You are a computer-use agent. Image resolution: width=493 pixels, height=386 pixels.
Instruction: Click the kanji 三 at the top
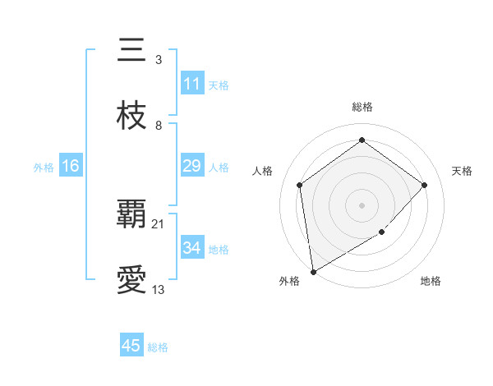(131, 51)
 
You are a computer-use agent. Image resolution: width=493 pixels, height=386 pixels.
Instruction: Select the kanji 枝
(131, 117)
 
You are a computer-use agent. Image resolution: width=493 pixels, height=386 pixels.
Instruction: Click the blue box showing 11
(192, 84)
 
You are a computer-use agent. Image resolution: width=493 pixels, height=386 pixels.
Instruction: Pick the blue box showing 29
(192, 166)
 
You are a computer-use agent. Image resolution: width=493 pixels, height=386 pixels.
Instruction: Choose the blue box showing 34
(192, 248)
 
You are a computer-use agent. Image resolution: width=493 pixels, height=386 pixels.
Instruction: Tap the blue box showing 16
(71, 166)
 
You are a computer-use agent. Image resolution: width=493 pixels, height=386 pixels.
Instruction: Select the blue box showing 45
(131, 346)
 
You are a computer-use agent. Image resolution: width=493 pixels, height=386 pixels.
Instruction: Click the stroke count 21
(159, 223)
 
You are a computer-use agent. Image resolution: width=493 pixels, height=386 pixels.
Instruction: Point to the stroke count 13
(159, 289)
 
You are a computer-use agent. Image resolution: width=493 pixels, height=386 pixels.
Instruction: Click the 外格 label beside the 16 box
(44, 168)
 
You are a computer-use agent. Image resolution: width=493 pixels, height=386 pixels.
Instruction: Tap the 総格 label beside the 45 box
(158, 347)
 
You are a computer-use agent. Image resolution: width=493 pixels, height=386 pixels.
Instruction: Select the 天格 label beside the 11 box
(219, 85)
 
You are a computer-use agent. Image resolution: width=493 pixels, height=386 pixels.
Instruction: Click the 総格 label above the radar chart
(362, 107)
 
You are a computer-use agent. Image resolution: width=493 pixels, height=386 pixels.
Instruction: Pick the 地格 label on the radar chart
(431, 282)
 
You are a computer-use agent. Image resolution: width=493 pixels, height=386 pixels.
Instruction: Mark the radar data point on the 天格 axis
(425, 185)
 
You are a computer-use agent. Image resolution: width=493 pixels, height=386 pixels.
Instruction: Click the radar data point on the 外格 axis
(313, 271)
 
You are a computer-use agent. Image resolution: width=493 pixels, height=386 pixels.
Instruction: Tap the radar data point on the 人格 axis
(299, 185)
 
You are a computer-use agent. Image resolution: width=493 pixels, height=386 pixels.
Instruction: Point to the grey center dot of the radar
(362, 204)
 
